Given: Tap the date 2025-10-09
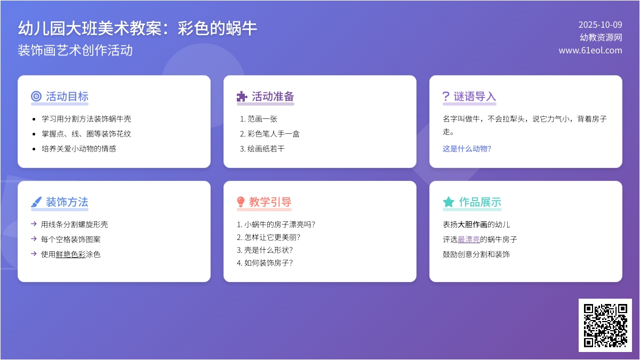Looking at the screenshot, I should (x=600, y=25).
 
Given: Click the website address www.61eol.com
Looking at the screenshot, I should (x=590, y=50).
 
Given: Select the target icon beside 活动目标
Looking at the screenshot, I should (x=36, y=97).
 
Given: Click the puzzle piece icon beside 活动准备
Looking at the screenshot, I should (x=242, y=97).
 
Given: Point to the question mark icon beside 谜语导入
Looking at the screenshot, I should (x=446, y=97).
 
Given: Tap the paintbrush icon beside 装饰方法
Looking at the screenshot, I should (x=36, y=202).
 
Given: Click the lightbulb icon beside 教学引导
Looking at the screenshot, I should (x=241, y=202).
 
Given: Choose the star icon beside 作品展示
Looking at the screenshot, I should (x=449, y=202).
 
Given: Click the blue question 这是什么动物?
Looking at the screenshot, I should (x=467, y=149).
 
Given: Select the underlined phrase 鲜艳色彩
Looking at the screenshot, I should (x=70, y=254).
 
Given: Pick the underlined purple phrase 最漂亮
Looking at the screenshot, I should (x=468, y=239).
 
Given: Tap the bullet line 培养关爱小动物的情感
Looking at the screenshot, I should (x=79, y=149).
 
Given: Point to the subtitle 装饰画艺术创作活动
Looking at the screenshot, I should (x=75, y=50).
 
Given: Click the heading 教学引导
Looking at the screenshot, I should (x=270, y=202).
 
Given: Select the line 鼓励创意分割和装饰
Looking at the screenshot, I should (x=476, y=254).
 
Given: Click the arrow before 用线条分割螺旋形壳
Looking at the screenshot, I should (x=34, y=224).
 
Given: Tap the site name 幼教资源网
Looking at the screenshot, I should (x=601, y=37).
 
